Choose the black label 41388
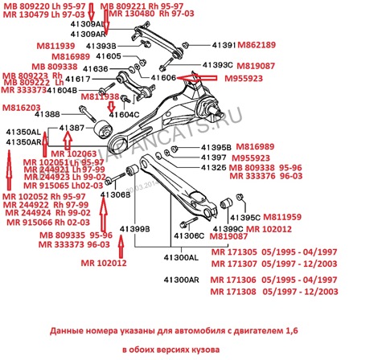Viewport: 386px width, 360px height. point(47,115)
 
